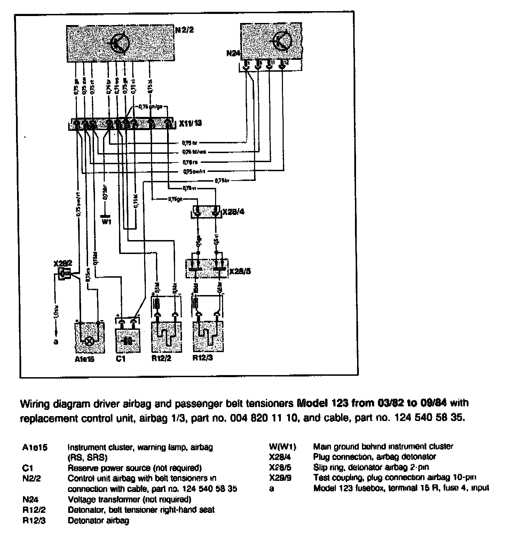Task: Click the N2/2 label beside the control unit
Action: click(x=184, y=30)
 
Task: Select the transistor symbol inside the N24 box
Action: click(x=282, y=41)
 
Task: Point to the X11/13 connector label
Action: click(x=190, y=123)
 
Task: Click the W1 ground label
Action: click(x=106, y=221)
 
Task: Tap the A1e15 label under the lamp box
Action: click(x=85, y=359)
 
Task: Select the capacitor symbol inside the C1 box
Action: click(x=128, y=340)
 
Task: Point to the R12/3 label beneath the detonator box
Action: click(x=203, y=358)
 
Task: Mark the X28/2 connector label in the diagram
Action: click(x=63, y=263)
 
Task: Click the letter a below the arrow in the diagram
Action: click(x=56, y=342)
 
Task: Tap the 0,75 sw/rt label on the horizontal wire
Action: click(x=193, y=172)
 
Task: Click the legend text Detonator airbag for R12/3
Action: click(x=98, y=521)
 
